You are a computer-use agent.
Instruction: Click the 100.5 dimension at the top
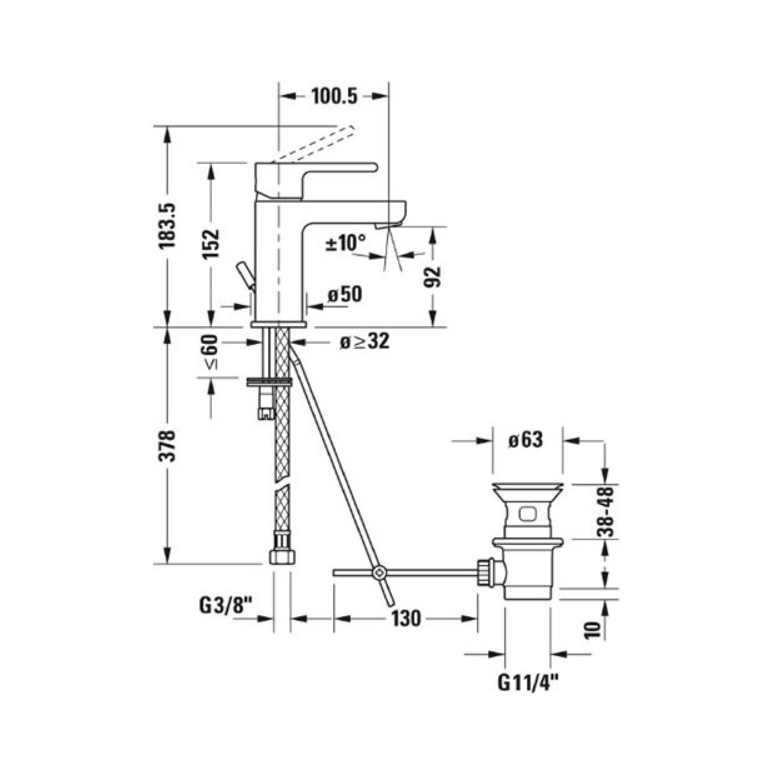tap(334, 97)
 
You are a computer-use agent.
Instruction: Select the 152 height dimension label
tap(211, 244)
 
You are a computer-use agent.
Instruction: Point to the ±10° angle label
tap(346, 243)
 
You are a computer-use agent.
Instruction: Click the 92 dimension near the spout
tap(432, 277)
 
